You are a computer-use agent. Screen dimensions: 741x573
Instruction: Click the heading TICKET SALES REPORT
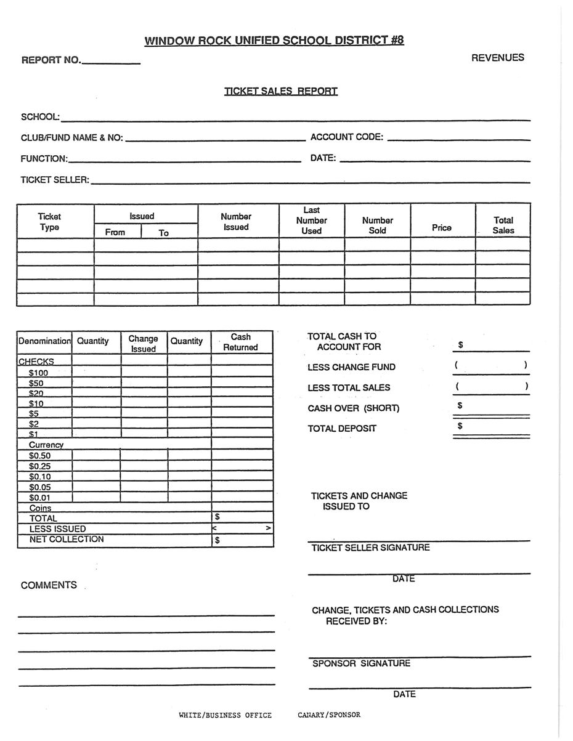pos(280,91)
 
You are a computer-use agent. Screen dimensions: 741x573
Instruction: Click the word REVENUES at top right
pos(497,58)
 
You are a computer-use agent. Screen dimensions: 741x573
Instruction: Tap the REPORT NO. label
pos(51,60)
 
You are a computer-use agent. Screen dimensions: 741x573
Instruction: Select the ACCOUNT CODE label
pos(346,137)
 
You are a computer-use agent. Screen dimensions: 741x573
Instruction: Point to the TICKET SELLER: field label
pos(55,180)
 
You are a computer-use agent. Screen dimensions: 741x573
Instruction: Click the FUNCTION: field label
pos(44,158)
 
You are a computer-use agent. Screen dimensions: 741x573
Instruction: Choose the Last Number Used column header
pos(311,221)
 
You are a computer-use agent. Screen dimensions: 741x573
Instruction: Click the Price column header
pos(441,228)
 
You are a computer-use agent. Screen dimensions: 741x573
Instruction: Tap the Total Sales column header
pos(503,225)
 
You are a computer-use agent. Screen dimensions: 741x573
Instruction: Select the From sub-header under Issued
pos(115,232)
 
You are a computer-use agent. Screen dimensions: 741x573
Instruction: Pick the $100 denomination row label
pos(38,373)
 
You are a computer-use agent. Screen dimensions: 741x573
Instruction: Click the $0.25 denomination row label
pos(40,466)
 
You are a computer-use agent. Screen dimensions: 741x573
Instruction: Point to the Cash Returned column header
pos(240,342)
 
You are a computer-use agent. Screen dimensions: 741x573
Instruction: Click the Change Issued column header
pos(143,344)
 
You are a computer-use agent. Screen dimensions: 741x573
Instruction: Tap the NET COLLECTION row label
pos(67,540)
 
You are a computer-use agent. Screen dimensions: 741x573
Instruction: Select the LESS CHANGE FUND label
pos(351,367)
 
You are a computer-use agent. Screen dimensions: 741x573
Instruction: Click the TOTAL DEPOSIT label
pos(342,429)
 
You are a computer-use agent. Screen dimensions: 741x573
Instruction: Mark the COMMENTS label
pos(49,585)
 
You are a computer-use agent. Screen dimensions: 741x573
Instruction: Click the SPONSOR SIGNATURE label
pos(361,663)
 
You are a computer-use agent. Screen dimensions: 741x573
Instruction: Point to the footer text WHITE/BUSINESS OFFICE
pos(225,715)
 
